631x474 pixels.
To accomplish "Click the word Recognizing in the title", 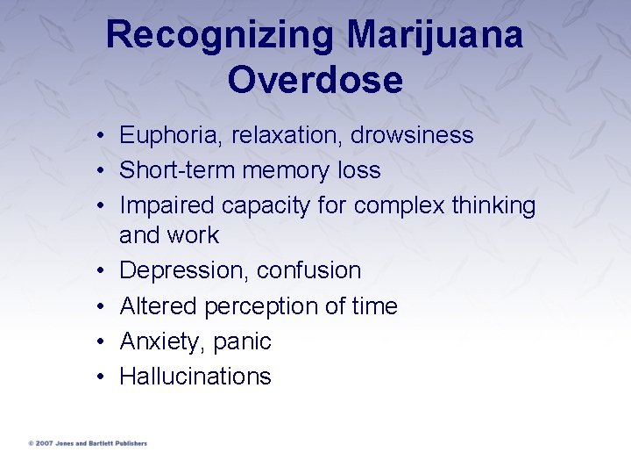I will tap(220, 36).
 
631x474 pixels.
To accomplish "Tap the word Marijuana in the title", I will tap(436, 36).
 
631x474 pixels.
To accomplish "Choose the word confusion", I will tap(309, 270).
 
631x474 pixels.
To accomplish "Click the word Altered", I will tap(158, 305).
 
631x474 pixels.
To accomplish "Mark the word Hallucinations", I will tap(195, 377).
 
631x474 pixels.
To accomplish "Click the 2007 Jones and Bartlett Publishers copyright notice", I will tap(88, 443).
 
